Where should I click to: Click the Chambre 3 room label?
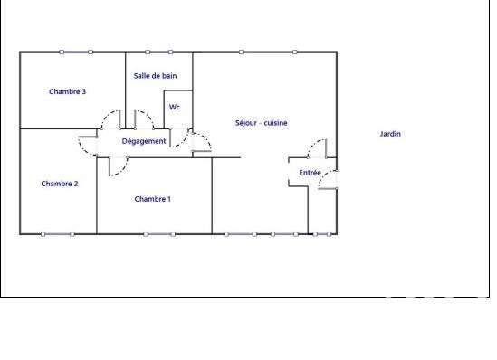[67, 91]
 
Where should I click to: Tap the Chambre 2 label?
[60, 184]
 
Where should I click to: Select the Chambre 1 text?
[152, 199]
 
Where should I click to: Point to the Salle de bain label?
[155, 76]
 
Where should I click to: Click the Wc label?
[175, 107]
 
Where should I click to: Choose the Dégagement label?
[144, 141]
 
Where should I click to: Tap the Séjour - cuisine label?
[262, 123]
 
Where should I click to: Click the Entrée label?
[310, 173]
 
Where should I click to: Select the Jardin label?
[390, 134]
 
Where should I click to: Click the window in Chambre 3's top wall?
[76, 52]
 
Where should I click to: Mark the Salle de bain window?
[159, 52]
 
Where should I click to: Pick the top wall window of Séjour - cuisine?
[268, 52]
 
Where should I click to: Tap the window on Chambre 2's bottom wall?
[58, 234]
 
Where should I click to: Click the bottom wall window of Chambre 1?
[159, 234]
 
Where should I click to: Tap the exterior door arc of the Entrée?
[322, 177]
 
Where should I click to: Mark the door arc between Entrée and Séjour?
[313, 145]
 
